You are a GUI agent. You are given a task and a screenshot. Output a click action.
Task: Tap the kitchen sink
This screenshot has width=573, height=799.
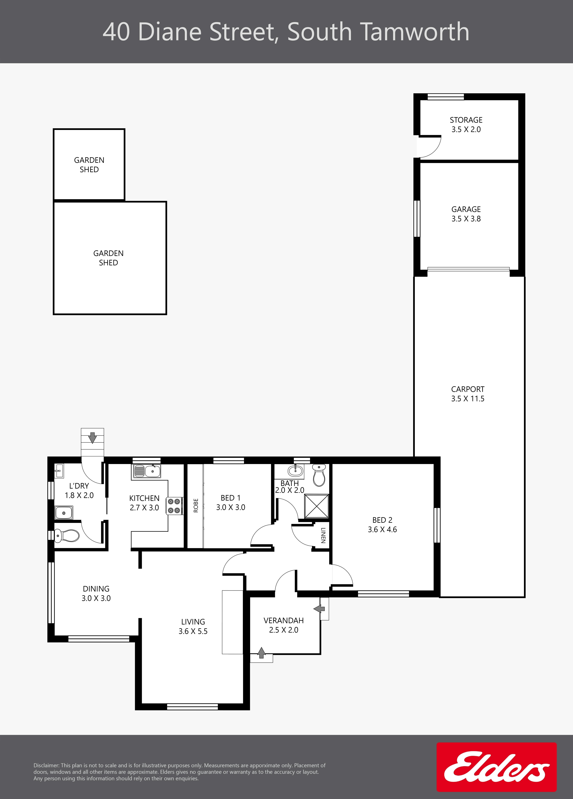[x=147, y=471]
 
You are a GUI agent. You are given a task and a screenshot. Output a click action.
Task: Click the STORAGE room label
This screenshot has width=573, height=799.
[x=466, y=120]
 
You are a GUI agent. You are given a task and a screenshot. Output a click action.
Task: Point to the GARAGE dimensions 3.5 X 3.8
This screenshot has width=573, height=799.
[x=466, y=219]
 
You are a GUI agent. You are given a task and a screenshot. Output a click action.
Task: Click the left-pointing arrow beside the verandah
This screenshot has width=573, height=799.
[x=320, y=608]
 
